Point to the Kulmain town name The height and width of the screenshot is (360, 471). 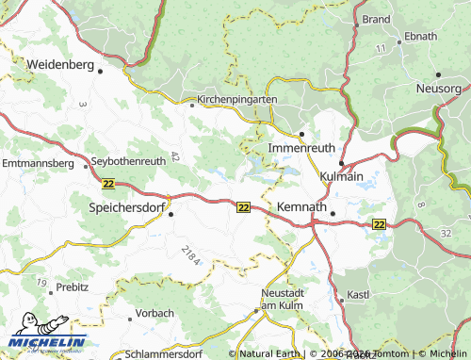pos(342,176)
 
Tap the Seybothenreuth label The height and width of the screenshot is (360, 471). pos(128,161)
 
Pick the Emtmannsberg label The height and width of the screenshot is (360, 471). pos(38,163)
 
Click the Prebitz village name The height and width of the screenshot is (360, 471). pos(72,286)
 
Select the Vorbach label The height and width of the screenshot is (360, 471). pos(154,312)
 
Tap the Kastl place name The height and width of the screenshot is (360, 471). pos(358,296)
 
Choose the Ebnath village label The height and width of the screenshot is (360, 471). pos(420,36)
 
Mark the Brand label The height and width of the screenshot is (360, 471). pos(376,19)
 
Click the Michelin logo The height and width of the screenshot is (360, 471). pos(47,342)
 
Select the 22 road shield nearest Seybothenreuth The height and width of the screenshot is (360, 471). pos(107,185)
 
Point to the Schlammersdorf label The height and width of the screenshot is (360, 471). pos(162,355)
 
